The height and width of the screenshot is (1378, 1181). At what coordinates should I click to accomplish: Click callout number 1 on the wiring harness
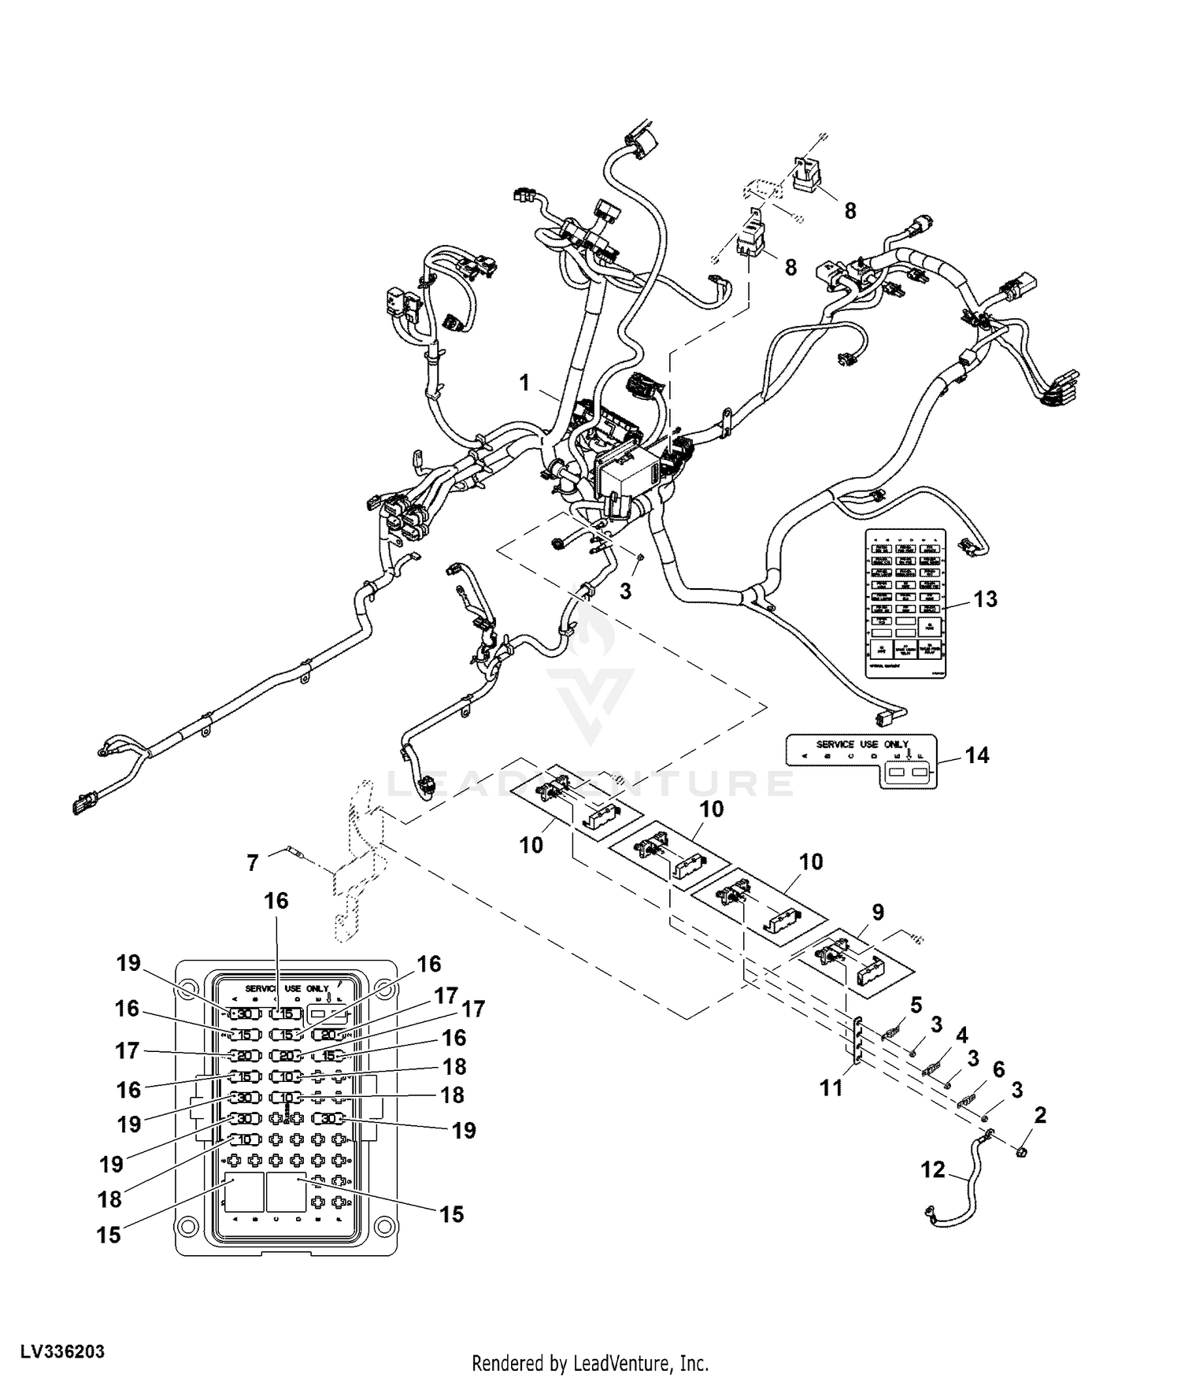click(x=525, y=383)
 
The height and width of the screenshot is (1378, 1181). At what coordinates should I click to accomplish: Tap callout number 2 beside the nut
click(x=1040, y=1115)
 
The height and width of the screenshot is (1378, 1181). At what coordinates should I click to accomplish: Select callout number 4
click(x=962, y=1035)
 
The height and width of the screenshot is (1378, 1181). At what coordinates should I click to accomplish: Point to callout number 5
click(x=916, y=1005)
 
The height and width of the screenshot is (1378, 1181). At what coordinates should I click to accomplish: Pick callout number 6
click(x=998, y=1069)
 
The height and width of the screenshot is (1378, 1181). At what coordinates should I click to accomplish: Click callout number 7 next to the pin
click(x=253, y=863)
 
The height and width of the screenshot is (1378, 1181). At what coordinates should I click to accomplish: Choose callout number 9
click(x=878, y=912)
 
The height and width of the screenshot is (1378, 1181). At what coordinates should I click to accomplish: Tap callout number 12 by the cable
click(x=933, y=1170)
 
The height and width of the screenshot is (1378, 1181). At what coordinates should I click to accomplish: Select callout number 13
click(x=985, y=599)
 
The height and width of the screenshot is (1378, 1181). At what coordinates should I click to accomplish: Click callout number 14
click(x=977, y=755)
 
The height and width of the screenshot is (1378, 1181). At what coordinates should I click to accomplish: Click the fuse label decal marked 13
click(x=905, y=602)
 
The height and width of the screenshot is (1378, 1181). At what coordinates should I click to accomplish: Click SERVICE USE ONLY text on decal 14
click(x=862, y=744)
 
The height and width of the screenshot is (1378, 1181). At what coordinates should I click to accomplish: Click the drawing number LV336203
click(x=63, y=1352)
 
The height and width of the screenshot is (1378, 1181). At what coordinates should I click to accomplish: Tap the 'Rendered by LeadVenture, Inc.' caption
click(x=590, y=1363)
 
